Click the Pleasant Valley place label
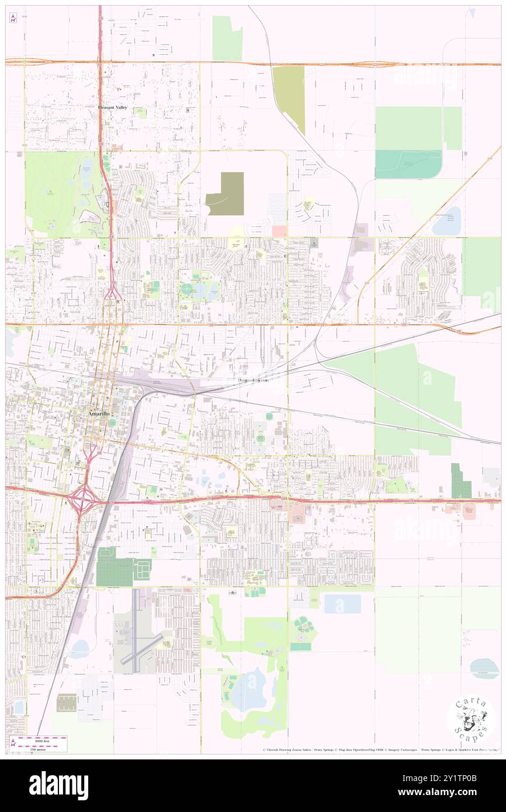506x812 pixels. (112, 107)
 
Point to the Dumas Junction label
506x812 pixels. (253, 380)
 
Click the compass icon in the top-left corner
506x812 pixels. (13, 18)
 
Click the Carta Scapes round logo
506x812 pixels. (471, 719)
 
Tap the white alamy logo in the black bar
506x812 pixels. (58, 786)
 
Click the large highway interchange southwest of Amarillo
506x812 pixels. (84, 499)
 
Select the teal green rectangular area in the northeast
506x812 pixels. (408, 164)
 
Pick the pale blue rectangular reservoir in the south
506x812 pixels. (342, 603)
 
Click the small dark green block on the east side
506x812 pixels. (460, 481)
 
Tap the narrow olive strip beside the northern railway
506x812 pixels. (289, 98)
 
